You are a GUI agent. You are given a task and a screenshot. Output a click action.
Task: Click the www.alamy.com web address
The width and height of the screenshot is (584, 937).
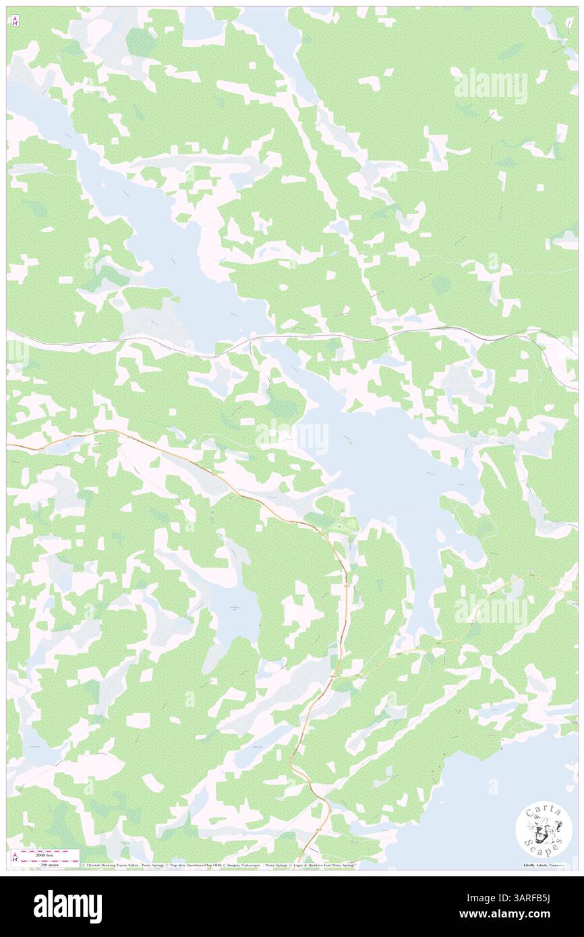click(x=532, y=915)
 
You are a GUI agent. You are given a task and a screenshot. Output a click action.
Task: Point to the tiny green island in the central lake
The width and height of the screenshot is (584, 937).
click(x=350, y=442)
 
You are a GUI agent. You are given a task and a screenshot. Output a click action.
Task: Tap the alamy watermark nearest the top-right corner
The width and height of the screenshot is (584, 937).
click(x=490, y=86)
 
